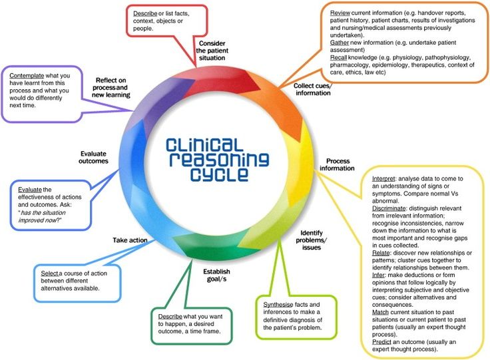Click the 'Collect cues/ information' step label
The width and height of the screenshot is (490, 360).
(x=312, y=89)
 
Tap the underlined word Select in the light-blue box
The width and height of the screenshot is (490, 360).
(x=49, y=273)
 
